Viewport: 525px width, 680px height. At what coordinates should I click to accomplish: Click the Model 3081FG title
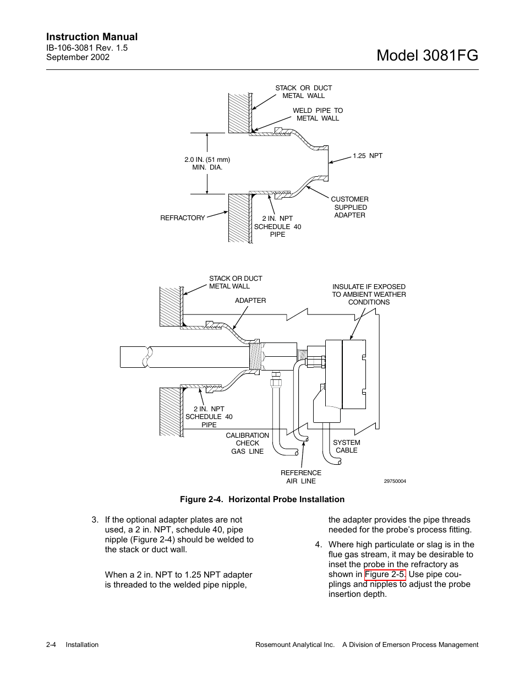428,55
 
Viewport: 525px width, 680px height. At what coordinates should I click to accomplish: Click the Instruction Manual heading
92,37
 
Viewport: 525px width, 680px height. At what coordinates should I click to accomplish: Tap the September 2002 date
78,57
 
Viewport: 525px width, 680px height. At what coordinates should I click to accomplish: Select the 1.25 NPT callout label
368,156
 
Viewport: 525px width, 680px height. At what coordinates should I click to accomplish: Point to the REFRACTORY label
182,218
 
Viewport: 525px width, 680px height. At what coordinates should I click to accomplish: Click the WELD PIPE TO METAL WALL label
318,115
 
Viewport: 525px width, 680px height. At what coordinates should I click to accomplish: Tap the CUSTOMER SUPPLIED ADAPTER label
349,207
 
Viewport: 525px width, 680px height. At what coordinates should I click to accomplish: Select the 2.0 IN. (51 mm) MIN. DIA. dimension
207,164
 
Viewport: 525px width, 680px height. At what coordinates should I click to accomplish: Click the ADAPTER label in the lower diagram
250,301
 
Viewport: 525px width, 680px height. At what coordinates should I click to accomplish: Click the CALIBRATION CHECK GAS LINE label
247,443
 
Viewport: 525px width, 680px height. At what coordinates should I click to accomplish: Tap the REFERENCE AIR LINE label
300,477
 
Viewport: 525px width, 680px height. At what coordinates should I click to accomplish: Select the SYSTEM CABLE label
347,447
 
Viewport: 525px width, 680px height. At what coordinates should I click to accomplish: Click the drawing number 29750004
395,481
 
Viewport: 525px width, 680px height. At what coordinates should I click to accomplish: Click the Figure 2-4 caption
262,499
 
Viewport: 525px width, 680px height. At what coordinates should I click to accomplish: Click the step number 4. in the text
318,545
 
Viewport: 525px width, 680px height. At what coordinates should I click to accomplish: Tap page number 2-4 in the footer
51,645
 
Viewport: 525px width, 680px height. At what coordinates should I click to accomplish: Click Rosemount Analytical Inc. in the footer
295,645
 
